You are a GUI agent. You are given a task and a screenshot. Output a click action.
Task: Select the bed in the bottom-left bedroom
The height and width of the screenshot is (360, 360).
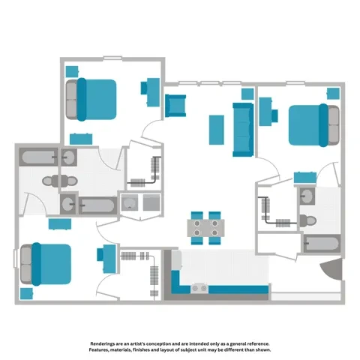pos(46,263)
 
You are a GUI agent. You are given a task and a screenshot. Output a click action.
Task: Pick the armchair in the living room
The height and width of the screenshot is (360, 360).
pos(175,106)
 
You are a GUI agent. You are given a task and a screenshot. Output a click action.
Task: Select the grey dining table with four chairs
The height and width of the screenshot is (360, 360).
pos(205,228)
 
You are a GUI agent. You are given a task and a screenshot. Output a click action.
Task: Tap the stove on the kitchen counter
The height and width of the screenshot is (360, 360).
pos(200,287)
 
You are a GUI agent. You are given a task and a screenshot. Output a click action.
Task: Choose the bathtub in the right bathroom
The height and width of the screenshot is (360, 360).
pos(320,244)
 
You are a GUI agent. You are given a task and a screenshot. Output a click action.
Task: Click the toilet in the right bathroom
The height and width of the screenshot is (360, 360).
pos(307,220)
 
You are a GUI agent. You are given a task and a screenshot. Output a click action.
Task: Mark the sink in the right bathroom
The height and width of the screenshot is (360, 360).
pos(307,196)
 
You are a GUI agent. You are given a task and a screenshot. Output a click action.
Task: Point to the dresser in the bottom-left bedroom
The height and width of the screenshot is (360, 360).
pos(60,223)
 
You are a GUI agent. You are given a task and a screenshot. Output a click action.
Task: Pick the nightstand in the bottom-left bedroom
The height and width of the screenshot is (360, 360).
pos(28,292)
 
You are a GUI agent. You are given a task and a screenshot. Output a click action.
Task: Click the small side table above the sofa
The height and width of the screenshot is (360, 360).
pos(247,94)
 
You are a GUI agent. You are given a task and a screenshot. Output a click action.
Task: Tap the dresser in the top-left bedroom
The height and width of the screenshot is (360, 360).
pos(80,139)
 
